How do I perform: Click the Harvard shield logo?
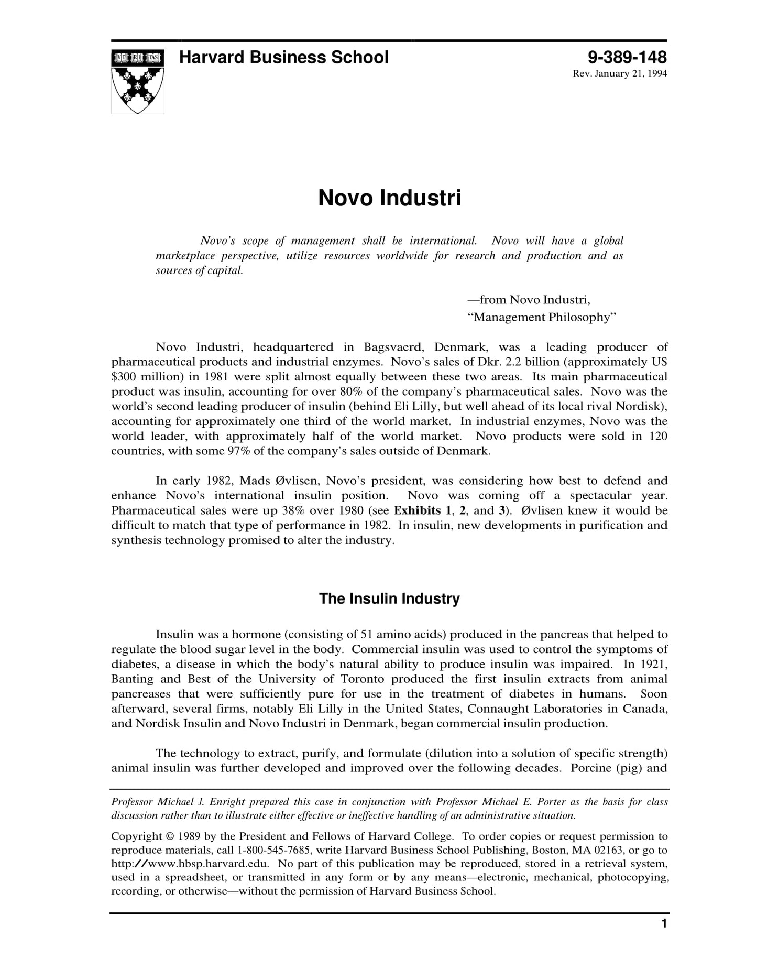point(137,81)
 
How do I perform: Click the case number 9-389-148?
point(627,57)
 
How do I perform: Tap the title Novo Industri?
point(389,198)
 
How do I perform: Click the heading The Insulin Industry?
point(389,598)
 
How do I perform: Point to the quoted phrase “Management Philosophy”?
point(542,317)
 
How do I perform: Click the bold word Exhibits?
point(417,510)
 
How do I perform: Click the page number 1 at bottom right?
point(664,939)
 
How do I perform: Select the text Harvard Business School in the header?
point(283,57)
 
